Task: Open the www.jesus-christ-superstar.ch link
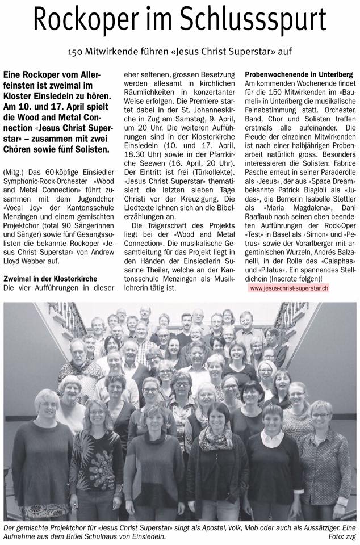pos(289,288)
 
